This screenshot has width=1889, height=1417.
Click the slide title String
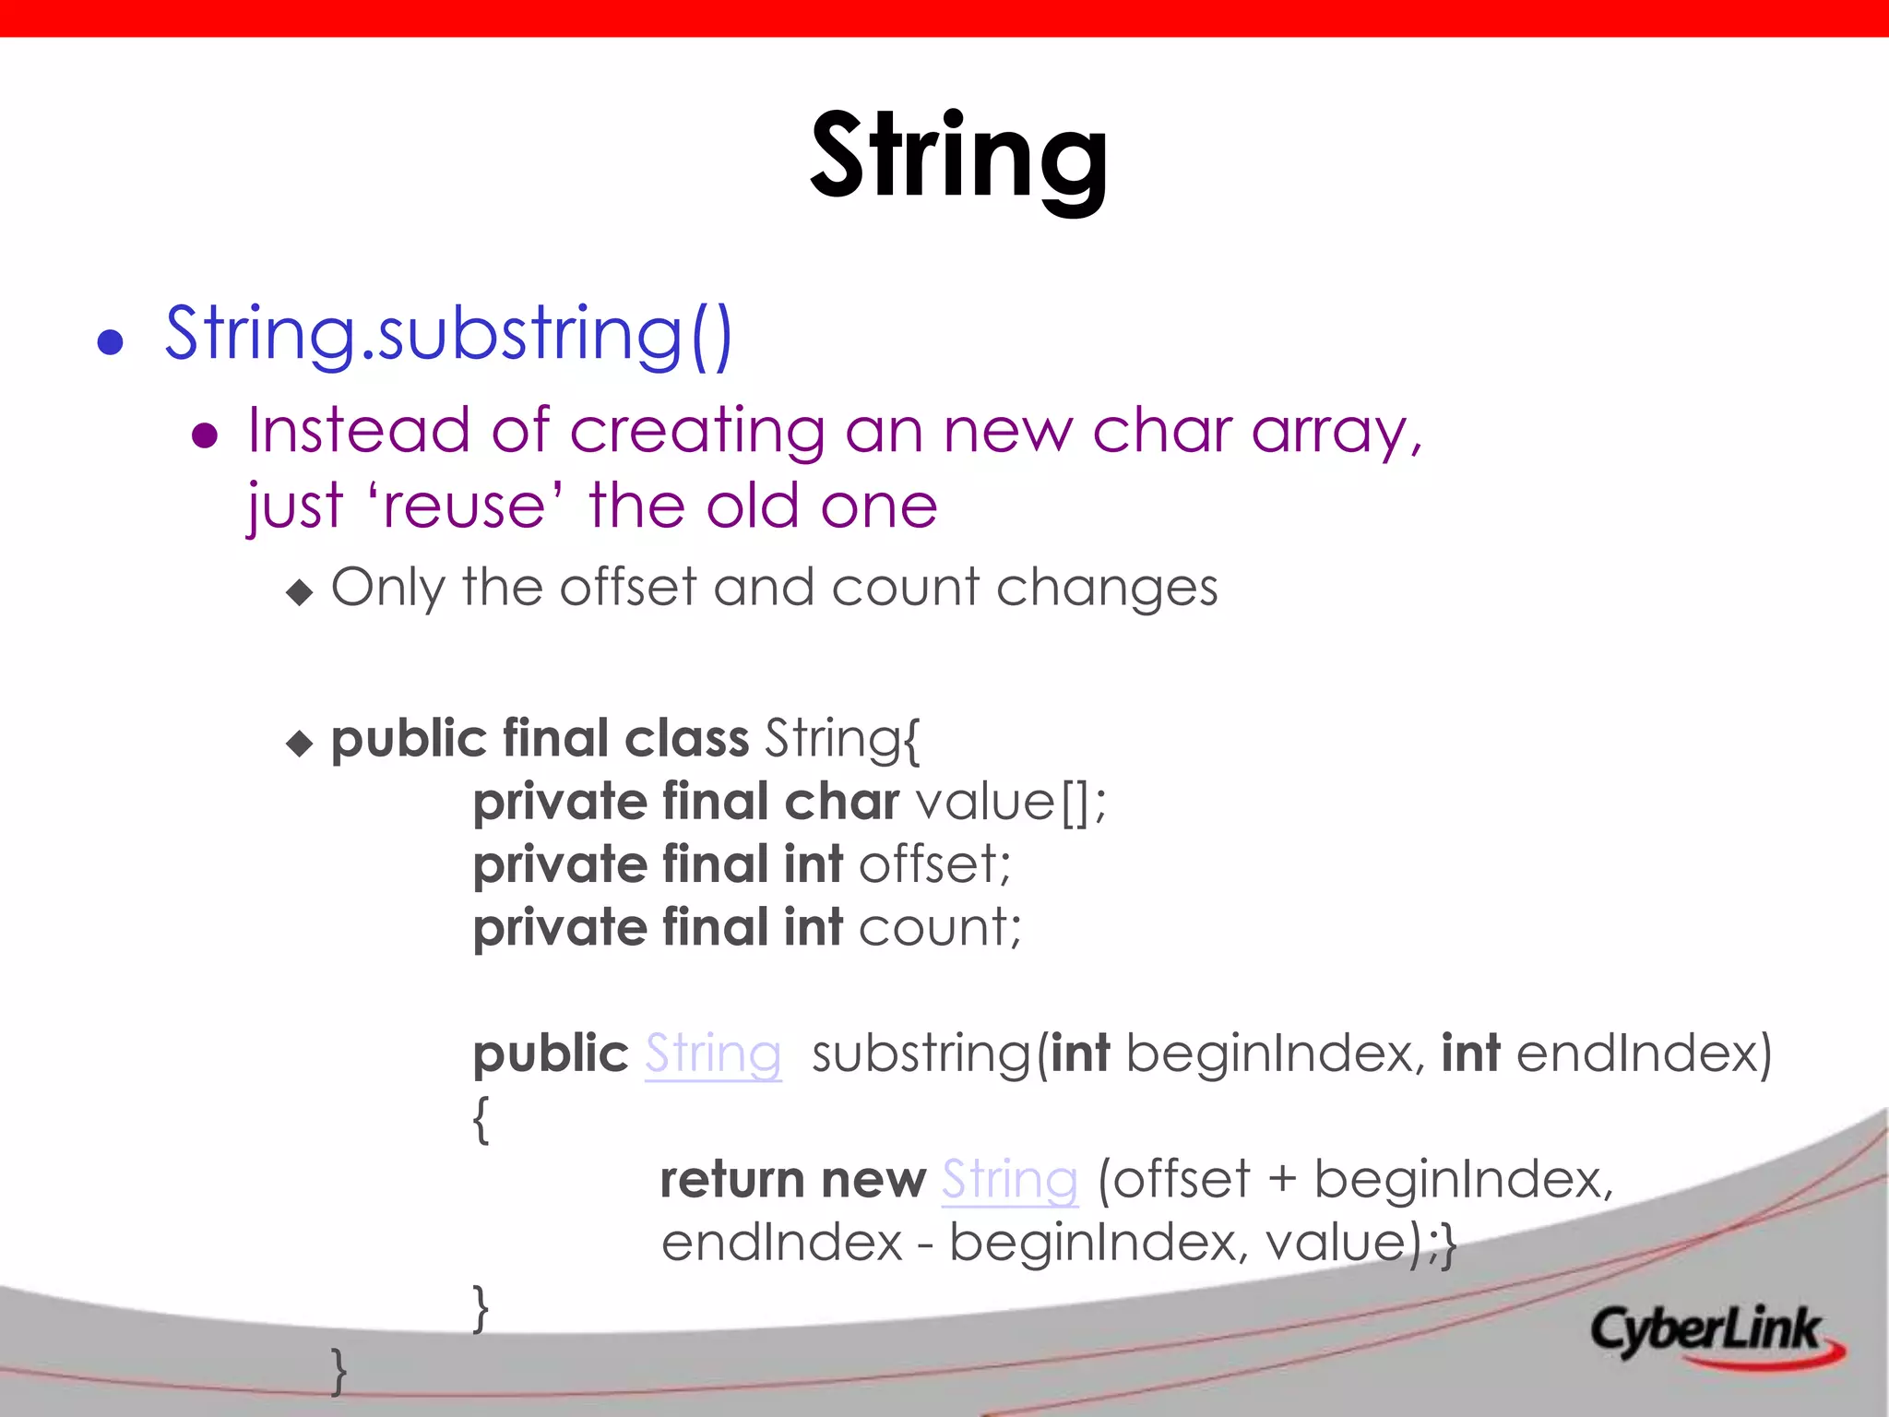(x=958, y=157)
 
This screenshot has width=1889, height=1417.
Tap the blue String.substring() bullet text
(x=448, y=334)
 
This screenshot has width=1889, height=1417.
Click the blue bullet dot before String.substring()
(x=111, y=342)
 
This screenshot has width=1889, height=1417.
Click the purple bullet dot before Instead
(x=204, y=435)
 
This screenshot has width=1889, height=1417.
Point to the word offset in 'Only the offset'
(x=627, y=588)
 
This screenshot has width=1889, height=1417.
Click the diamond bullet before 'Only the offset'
(x=300, y=591)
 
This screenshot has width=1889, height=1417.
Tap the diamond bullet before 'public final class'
(x=300, y=743)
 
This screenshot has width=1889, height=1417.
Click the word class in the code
(x=686, y=739)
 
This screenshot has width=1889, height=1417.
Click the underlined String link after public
(x=713, y=1054)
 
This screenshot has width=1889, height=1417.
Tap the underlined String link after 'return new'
(x=1009, y=1180)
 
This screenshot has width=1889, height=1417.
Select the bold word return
(x=732, y=1180)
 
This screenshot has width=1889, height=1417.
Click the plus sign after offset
(x=1282, y=1180)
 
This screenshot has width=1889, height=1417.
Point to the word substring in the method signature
(x=921, y=1054)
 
